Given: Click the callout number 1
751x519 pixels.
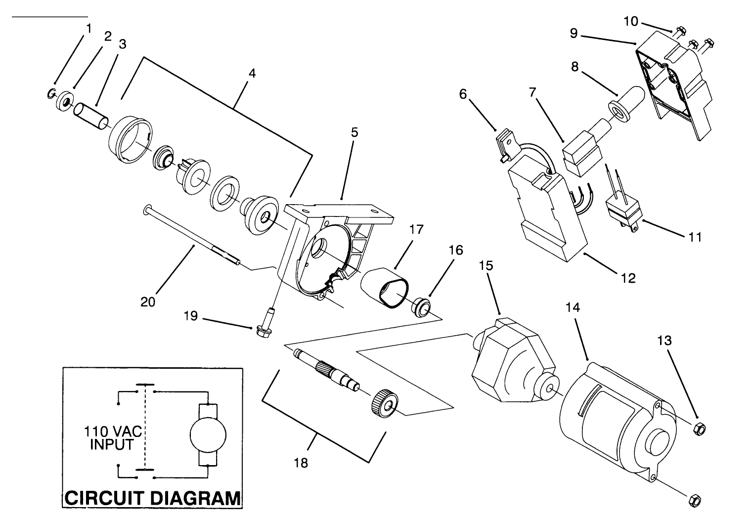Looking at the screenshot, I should pos(88,29).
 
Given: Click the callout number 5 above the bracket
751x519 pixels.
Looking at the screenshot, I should pos(354,132).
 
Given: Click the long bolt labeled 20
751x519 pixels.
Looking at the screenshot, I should pos(193,236).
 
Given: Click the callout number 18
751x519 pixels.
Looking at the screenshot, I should pos(301,463).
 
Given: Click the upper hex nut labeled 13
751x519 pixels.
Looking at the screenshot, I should pos(699,428).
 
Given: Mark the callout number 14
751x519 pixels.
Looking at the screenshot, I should pos(573,307).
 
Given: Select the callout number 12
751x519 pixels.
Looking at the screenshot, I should pos(628,278).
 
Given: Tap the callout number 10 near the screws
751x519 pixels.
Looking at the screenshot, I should pos(631,21).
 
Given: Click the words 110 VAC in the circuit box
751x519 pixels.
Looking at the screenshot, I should pos(113,432).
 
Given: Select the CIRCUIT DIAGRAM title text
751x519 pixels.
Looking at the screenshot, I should pos(153,497).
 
